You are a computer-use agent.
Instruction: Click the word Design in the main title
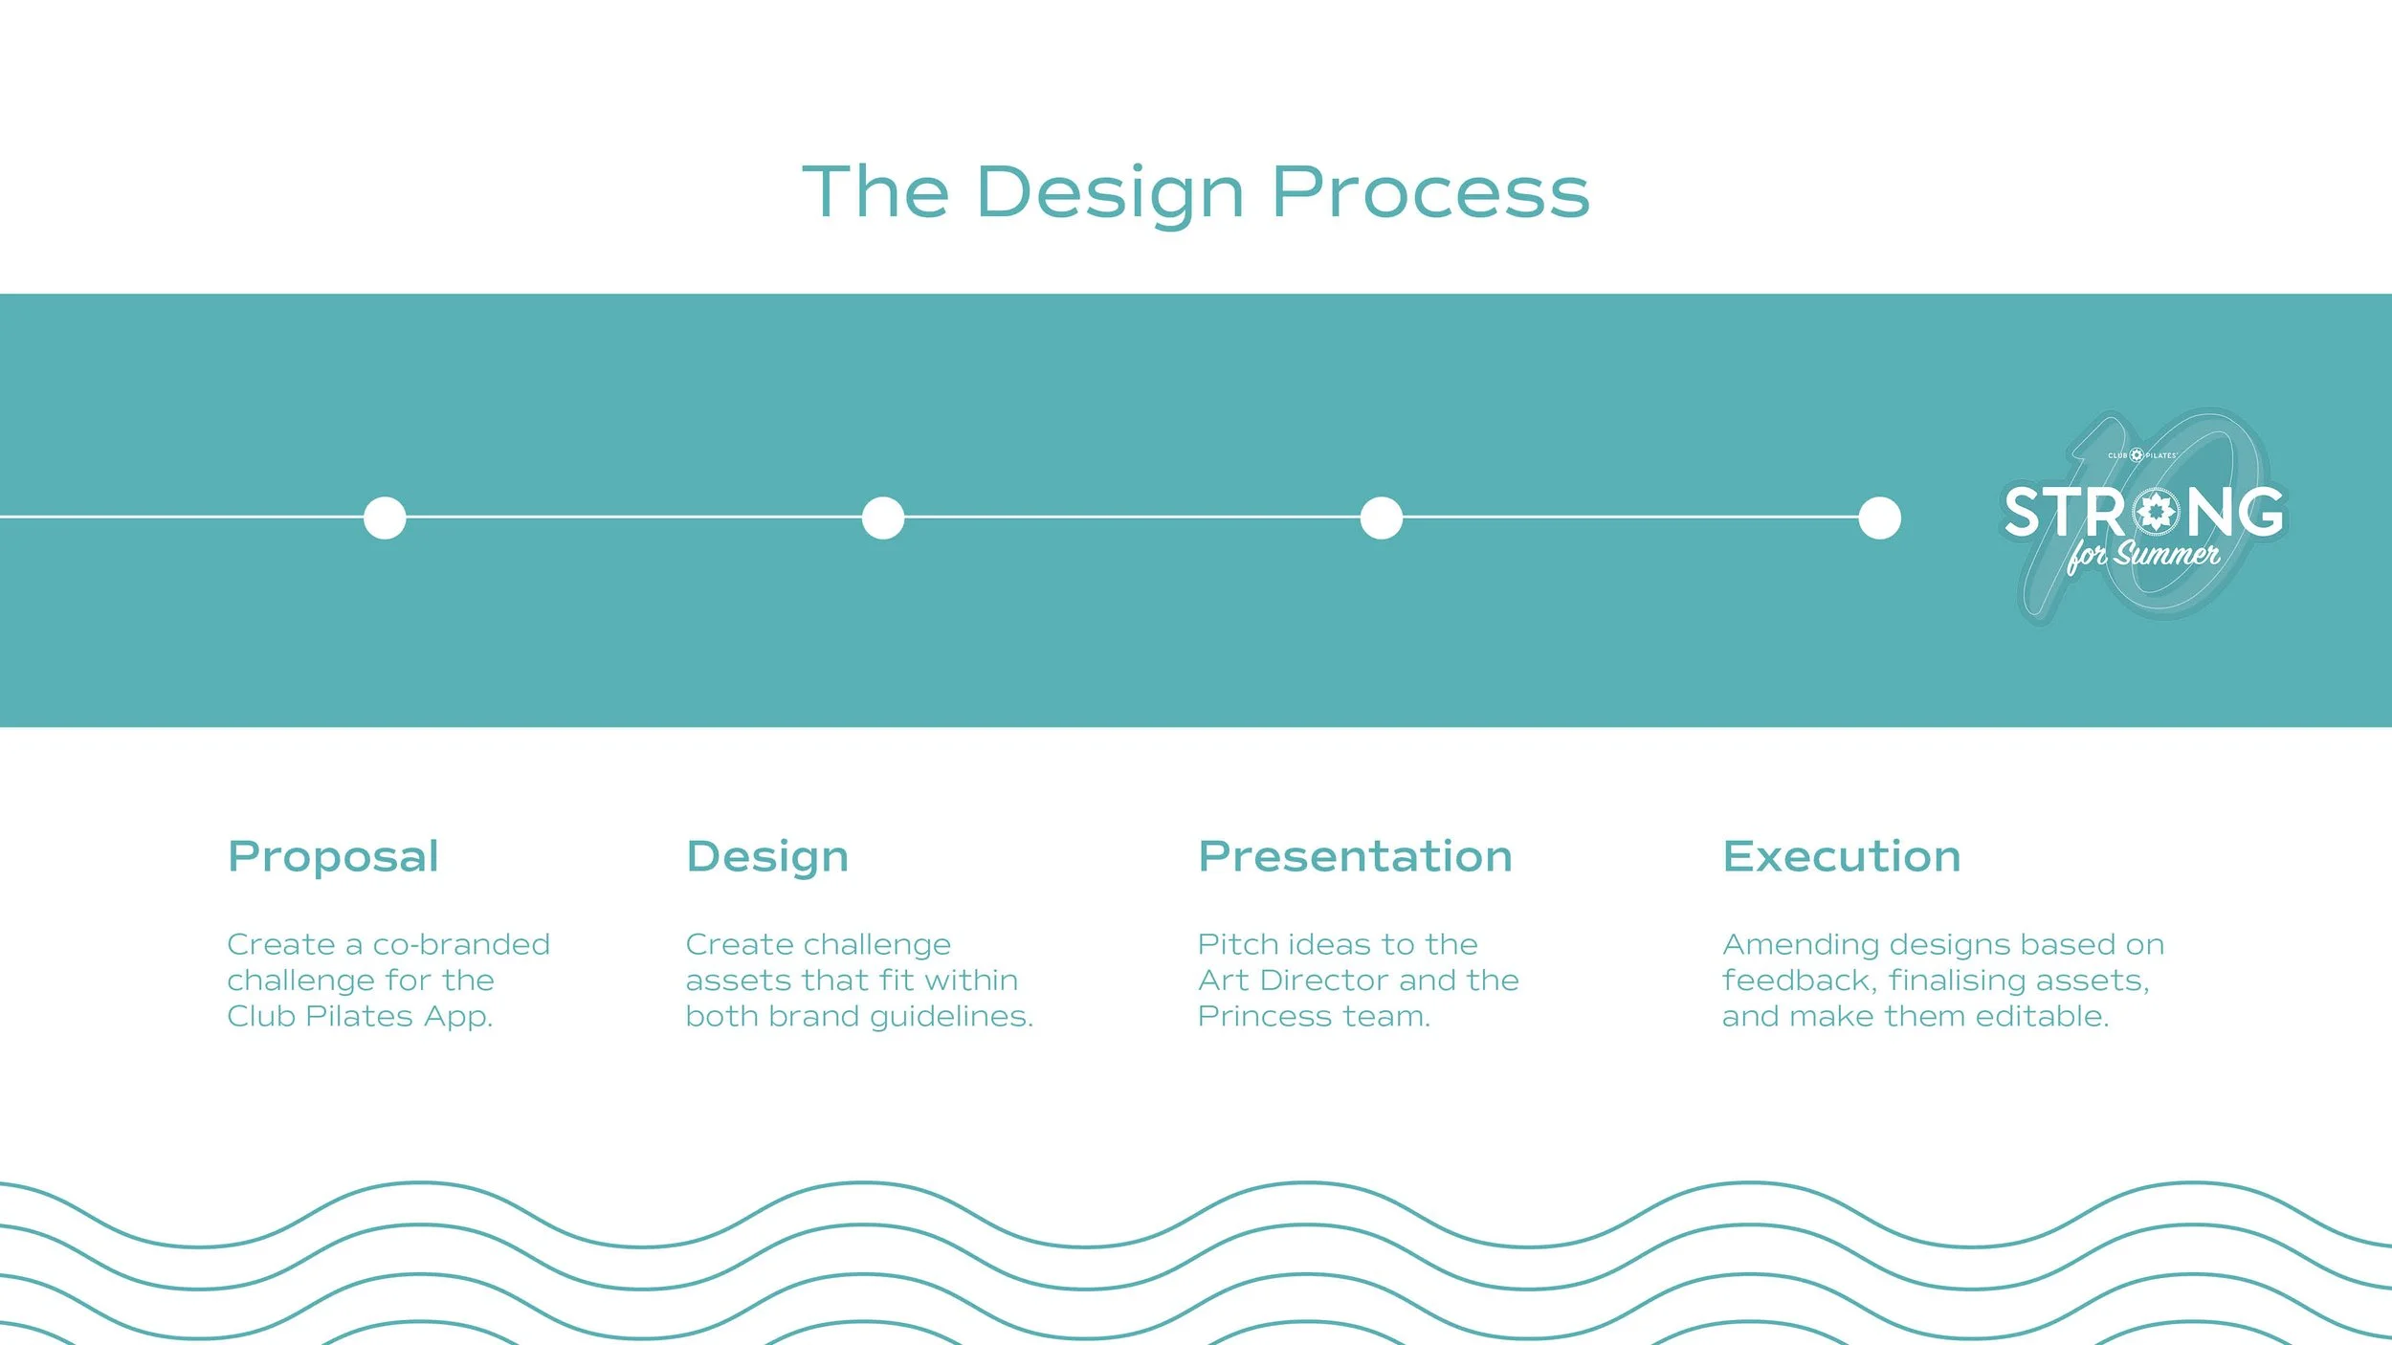pyautogui.click(x=1109, y=193)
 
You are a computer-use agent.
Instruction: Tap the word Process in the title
pyautogui.click(x=1429, y=193)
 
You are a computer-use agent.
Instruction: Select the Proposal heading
pyautogui.click(x=333, y=857)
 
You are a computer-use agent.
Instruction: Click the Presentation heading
pyautogui.click(x=1355, y=856)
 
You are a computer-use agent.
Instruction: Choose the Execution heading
pyautogui.click(x=1842, y=856)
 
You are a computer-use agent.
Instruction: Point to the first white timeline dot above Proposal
pyautogui.click(x=385, y=518)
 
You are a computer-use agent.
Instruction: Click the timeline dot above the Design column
pyautogui.click(x=883, y=518)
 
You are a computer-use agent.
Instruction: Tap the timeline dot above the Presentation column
pyautogui.click(x=1382, y=518)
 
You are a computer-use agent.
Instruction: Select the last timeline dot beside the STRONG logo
pyautogui.click(x=1879, y=518)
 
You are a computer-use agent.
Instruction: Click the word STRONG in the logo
pyautogui.click(x=2143, y=512)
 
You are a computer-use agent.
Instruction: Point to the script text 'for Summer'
pyautogui.click(x=2143, y=555)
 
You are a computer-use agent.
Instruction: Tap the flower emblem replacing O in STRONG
pyautogui.click(x=2157, y=512)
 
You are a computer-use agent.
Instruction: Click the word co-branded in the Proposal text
pyautogui.click(x=461, y=945)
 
